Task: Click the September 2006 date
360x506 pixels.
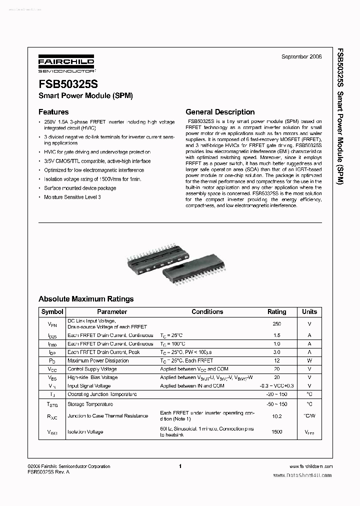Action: click(301, 56)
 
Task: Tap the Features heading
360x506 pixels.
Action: click(53, 112)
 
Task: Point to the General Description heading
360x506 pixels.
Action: click(220, 112)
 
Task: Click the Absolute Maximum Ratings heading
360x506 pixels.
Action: click(86, 299)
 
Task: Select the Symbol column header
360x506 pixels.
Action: click(52, 311)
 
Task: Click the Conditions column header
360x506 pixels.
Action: click(207, 311)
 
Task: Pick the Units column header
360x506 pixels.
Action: click(309, 311)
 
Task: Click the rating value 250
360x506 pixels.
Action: click(277, 323)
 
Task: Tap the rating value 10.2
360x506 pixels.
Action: click(277, 416)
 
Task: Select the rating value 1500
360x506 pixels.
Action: click(277, 432)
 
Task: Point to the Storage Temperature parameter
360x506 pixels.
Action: click(87, 403)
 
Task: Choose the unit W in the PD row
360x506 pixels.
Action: click(309, 360)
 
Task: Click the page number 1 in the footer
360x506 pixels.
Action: click(179, 466)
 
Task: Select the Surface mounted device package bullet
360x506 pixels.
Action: click(80, 188)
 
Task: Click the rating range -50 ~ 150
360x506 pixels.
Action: click(277, 403)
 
